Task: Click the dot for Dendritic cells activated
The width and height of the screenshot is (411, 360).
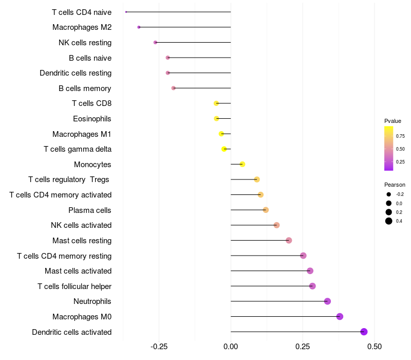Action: [364, 332]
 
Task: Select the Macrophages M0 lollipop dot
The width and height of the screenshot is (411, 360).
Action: [340, 316]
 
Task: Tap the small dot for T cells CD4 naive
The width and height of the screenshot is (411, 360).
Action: [126, 12]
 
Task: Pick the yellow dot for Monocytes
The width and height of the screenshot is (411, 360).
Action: [242, 164]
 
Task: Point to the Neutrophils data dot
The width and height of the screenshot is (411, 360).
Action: [327, 301]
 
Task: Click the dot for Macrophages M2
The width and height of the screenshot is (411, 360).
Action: [139, 27]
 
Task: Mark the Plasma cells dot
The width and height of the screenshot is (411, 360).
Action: [266, 210]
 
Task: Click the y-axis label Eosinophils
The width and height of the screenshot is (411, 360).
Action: [92, 119]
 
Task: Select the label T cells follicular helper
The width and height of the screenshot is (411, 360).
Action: [74, 286]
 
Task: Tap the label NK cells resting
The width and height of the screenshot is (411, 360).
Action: [85, 43]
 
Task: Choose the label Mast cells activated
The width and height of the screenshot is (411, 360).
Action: [78, 271]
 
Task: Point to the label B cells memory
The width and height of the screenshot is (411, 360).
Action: [85, 88]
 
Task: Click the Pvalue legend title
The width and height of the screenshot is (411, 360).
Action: [393, 121]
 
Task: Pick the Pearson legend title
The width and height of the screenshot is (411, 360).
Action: [395, 185]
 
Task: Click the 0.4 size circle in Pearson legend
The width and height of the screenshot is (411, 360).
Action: [389, 221]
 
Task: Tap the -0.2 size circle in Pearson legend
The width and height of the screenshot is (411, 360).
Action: [389, 194]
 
